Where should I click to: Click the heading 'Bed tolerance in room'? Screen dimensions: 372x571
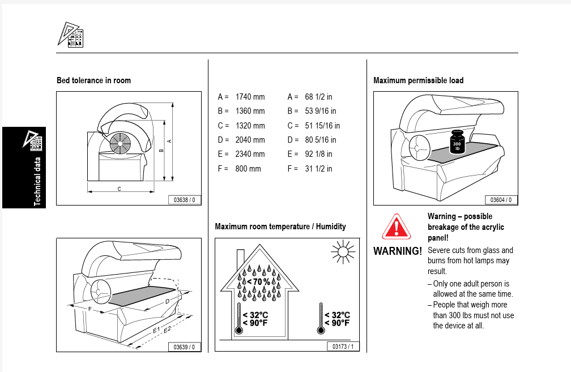(x=93, y=80)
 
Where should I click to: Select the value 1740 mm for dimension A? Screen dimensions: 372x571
(x=250, y=97)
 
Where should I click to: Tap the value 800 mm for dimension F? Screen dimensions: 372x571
(x=248, y=168)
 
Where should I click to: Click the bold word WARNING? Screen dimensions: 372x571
(x=398, y=250)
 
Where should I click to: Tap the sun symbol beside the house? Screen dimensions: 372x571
(x=342, y=251)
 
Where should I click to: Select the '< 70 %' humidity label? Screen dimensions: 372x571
(x=259, y=281)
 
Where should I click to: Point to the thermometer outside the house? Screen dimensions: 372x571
(x=320, y=319)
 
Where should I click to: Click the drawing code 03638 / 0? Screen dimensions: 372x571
(x=184, y=199)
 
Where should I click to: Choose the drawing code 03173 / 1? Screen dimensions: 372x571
(x=343, y=347)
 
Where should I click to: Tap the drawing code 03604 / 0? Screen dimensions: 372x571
(x=501, y=199)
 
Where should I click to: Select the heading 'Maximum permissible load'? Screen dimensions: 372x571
(x=418, y=80)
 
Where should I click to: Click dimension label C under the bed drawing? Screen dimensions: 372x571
(x=119, y=189)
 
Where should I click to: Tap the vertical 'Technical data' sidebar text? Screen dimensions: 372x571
(x=37, y=182)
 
